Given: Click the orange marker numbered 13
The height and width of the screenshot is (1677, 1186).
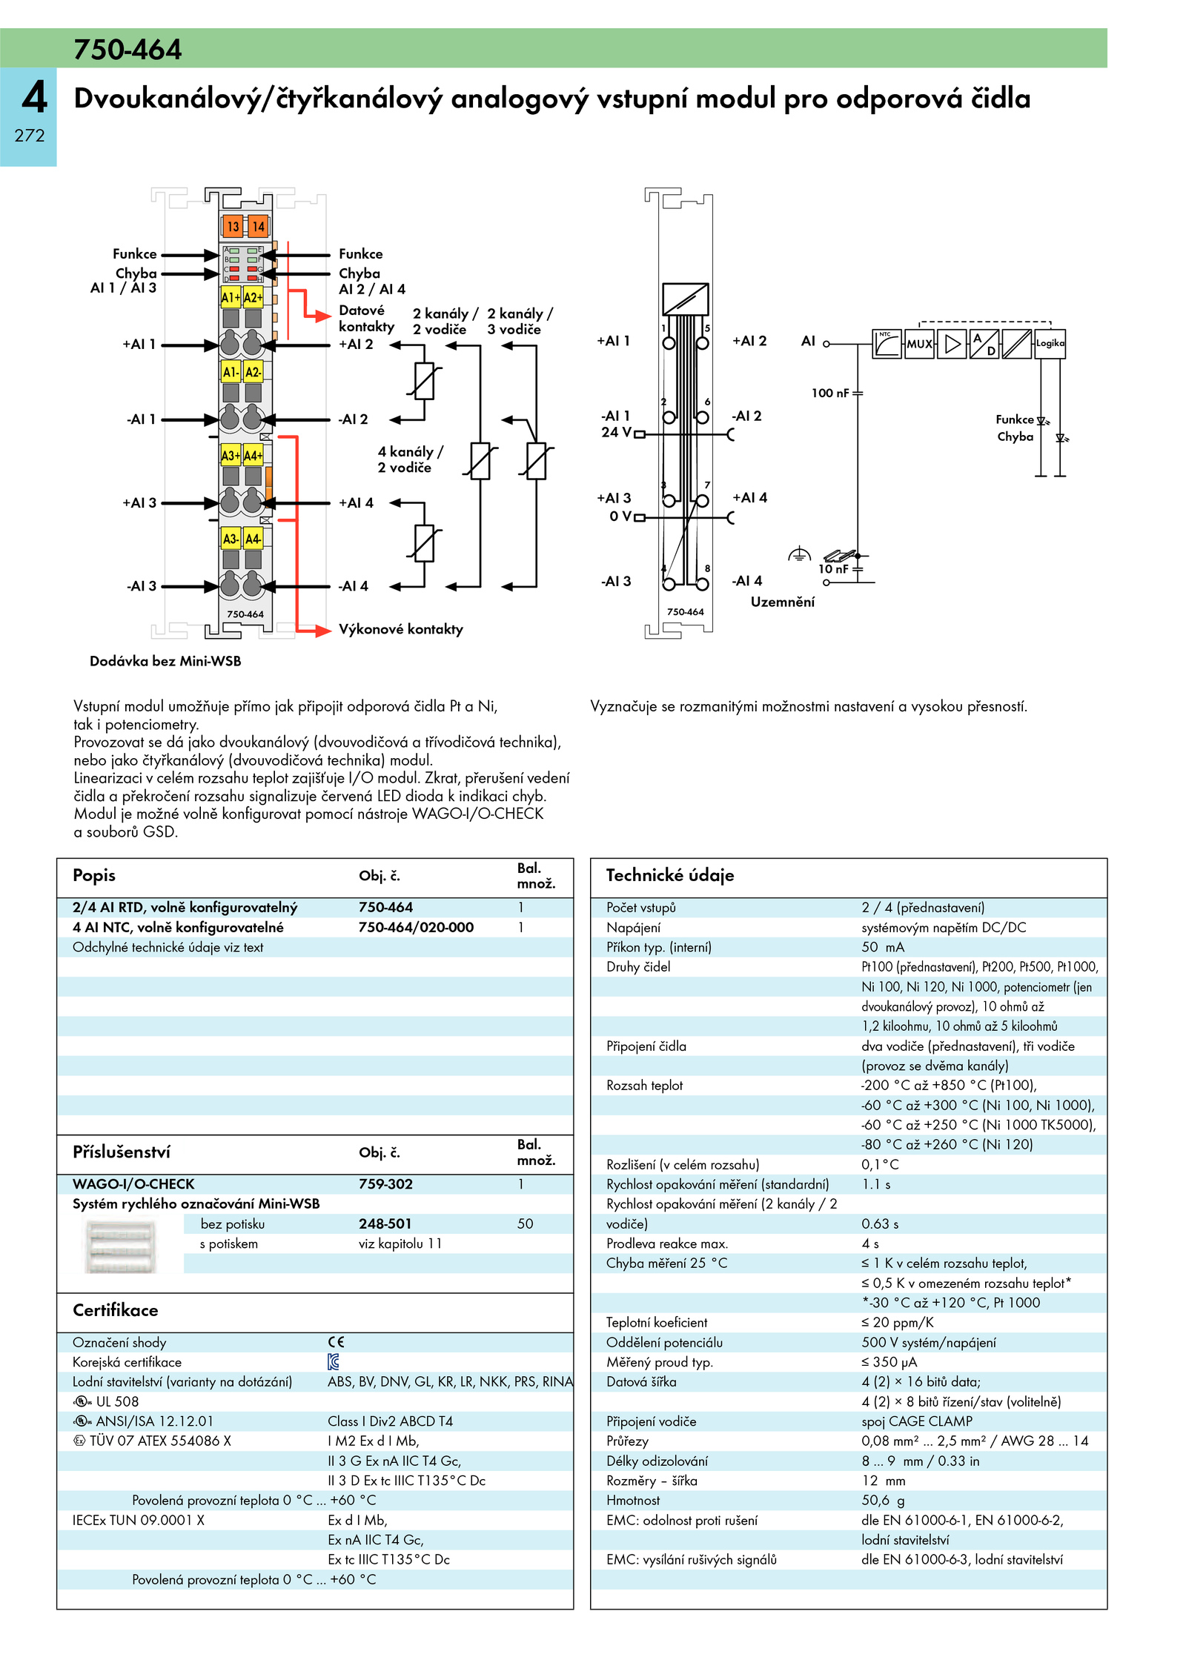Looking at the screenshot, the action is (233, 226).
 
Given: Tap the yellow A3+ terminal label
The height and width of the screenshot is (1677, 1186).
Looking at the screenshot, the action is (231, 455).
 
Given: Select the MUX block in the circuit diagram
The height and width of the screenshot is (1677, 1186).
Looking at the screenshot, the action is (919, 344).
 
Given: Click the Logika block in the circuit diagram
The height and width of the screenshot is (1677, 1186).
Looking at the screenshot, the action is (1050, 344).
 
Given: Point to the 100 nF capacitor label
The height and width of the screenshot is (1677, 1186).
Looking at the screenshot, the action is (830, 393).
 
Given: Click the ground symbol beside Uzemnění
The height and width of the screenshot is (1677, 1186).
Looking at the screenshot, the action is (798, 554).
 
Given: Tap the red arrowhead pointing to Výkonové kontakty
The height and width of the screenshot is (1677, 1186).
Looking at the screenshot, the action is (322, 631).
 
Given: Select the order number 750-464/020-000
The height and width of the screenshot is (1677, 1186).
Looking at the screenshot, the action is (416, 927).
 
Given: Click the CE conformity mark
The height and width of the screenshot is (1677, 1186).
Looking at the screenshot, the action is (336, 1342).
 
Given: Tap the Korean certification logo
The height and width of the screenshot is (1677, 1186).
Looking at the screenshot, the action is (334, 1362).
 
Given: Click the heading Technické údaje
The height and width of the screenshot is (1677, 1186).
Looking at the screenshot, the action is (670, 875).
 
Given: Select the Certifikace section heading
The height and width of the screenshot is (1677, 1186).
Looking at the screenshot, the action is (116, 1310).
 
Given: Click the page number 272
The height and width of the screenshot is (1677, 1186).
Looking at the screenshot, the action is (30, 136).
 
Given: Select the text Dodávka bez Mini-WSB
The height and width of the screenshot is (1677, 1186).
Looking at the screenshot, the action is (165, 661).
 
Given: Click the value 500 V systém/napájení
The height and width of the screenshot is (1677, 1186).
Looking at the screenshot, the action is (929, 1342).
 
